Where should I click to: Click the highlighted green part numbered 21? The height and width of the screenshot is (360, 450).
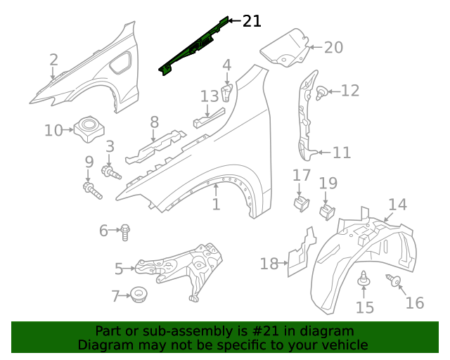point(194,48)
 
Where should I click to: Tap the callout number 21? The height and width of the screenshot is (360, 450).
point(252,22)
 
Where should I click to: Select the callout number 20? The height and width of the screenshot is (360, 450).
point(333,48)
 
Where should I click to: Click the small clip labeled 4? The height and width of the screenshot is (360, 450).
point(226,93)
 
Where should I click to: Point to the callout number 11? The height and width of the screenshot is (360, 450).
point(342,153)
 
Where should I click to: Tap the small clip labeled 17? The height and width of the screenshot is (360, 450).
point(300,203)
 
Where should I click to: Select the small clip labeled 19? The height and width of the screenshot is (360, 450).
point(327,210)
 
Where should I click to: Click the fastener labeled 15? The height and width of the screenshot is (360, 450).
point(364,279)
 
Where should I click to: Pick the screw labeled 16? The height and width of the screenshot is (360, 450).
point(394,282)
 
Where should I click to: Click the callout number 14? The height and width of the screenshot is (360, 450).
point(397,205)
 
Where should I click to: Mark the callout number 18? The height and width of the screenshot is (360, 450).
point(269,264)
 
